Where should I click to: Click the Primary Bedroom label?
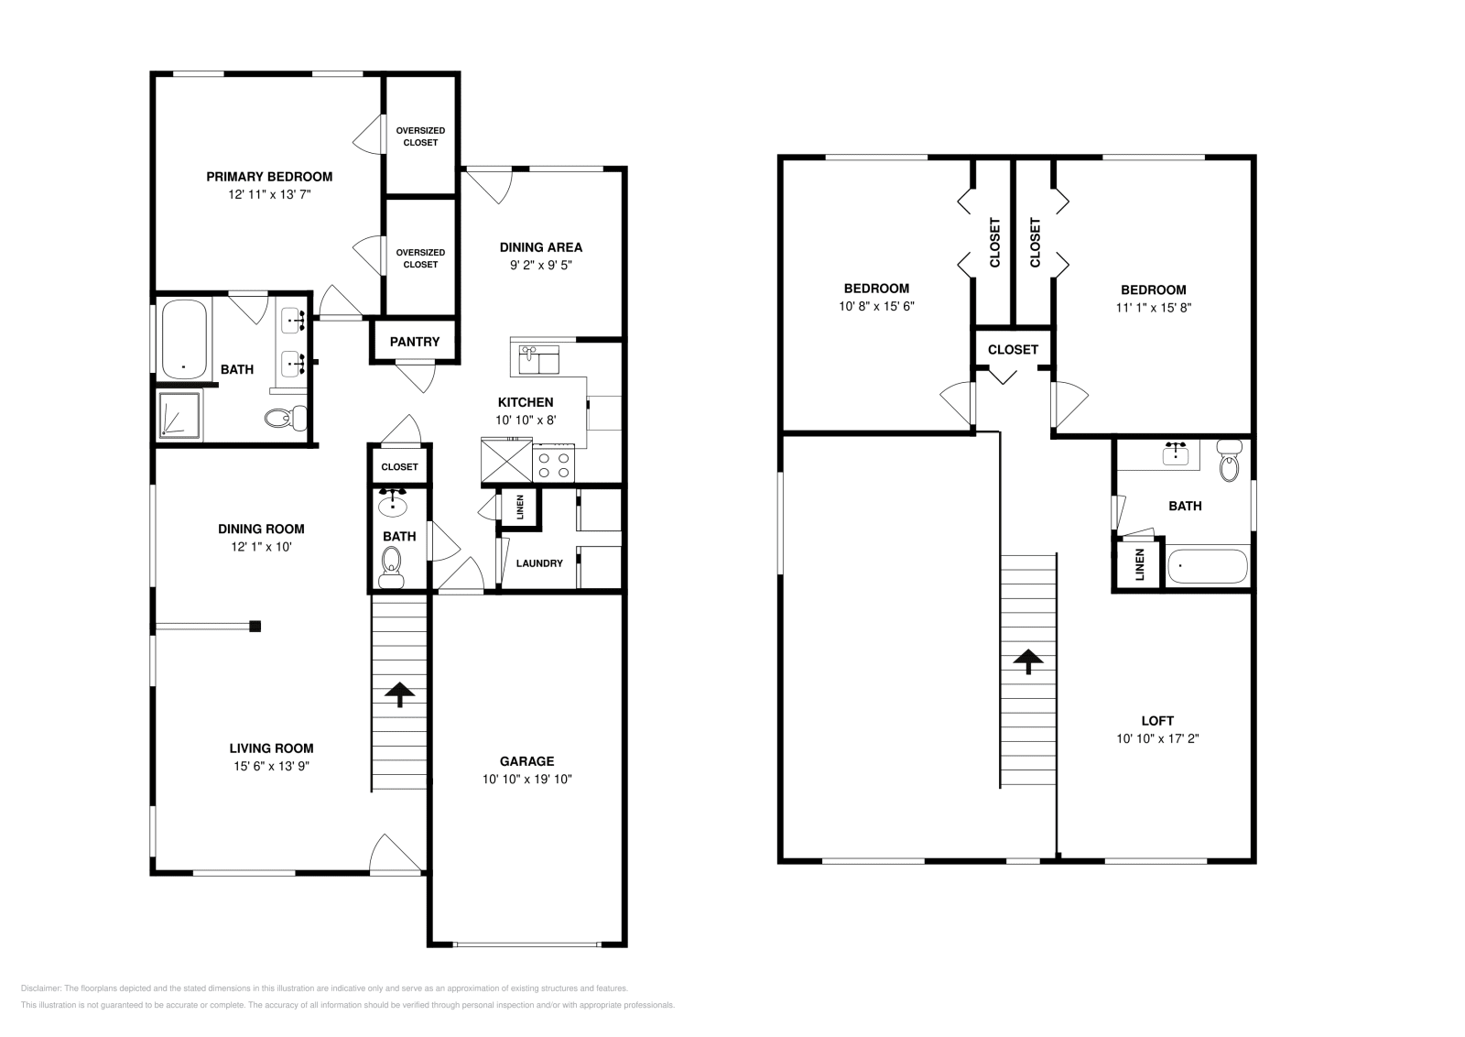coord(268,177)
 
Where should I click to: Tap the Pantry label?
coord(415,342)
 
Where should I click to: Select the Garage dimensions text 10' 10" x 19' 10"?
coord(526,780)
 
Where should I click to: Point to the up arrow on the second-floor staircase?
coord(1028,661)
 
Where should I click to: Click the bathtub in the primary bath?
coord(184,339)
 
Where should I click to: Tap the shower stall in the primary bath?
coord(179,414)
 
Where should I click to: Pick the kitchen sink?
coord(538,360)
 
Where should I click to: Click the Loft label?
coord(1157,721)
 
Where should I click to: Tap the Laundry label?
coord(539,563)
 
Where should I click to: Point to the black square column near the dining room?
coord(255,627)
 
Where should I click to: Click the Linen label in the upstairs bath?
coord(1140,565)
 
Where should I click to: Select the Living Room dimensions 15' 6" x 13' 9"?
coord(271,767)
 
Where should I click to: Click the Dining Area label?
coord(540,247)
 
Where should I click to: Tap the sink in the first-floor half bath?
coord(394,502)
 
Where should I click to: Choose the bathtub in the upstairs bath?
coord(1207,566)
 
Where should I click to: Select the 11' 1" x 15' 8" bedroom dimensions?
coord(1153,308)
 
